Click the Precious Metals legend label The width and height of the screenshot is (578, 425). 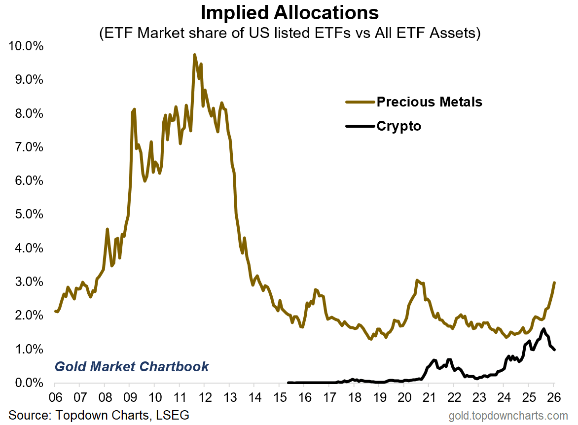point(429,102)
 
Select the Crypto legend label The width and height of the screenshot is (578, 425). point(399,126)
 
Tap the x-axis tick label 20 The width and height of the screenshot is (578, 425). point(404,397)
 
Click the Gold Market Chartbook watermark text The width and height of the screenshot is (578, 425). point(132,367)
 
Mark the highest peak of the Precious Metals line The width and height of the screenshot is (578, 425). point(195,55)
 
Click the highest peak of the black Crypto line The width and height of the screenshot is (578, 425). point(543,329)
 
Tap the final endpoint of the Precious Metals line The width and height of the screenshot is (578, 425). point(554,283)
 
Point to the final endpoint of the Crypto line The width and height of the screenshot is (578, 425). point(554,350)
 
